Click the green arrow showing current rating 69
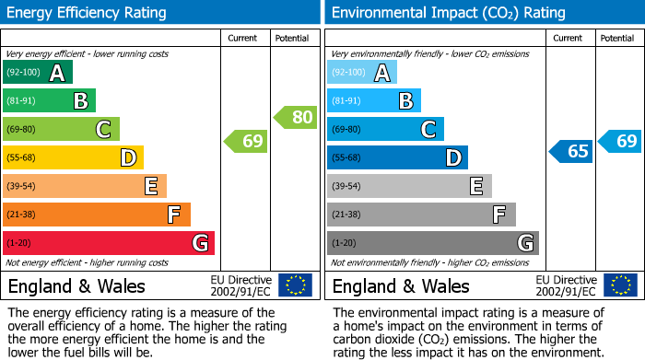point(245,141)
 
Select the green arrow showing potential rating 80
point(295,117)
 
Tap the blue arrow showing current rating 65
point(570,151)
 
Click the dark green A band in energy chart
point(38,73)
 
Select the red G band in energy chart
point(109,243)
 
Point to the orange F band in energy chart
point(97,215)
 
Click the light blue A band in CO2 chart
point(362,73)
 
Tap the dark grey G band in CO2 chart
point(433,243)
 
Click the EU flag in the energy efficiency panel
point(295,285)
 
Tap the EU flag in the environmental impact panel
point(620,285)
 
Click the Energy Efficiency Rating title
point(88,13)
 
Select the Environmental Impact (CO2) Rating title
point(448,13)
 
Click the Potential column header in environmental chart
point(617,38)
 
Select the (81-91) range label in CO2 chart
point(347,101)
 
